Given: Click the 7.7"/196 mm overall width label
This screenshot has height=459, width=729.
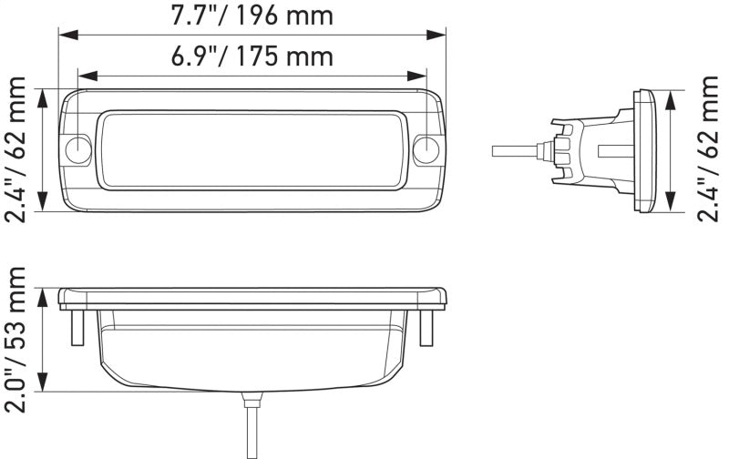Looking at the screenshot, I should [252, 15].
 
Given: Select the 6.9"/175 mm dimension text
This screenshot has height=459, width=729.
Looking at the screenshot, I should [252, 56].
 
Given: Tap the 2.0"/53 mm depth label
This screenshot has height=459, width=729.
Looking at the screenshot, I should [16, 335].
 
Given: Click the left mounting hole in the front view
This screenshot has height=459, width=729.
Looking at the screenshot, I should [78, 150].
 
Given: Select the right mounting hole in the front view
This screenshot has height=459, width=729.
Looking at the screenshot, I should [426, 150].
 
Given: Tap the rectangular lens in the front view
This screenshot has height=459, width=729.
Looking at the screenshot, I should [252, 150].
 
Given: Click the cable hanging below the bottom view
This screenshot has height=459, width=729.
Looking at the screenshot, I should [249, 428].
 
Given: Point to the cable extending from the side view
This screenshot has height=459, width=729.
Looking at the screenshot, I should [516, 148].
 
